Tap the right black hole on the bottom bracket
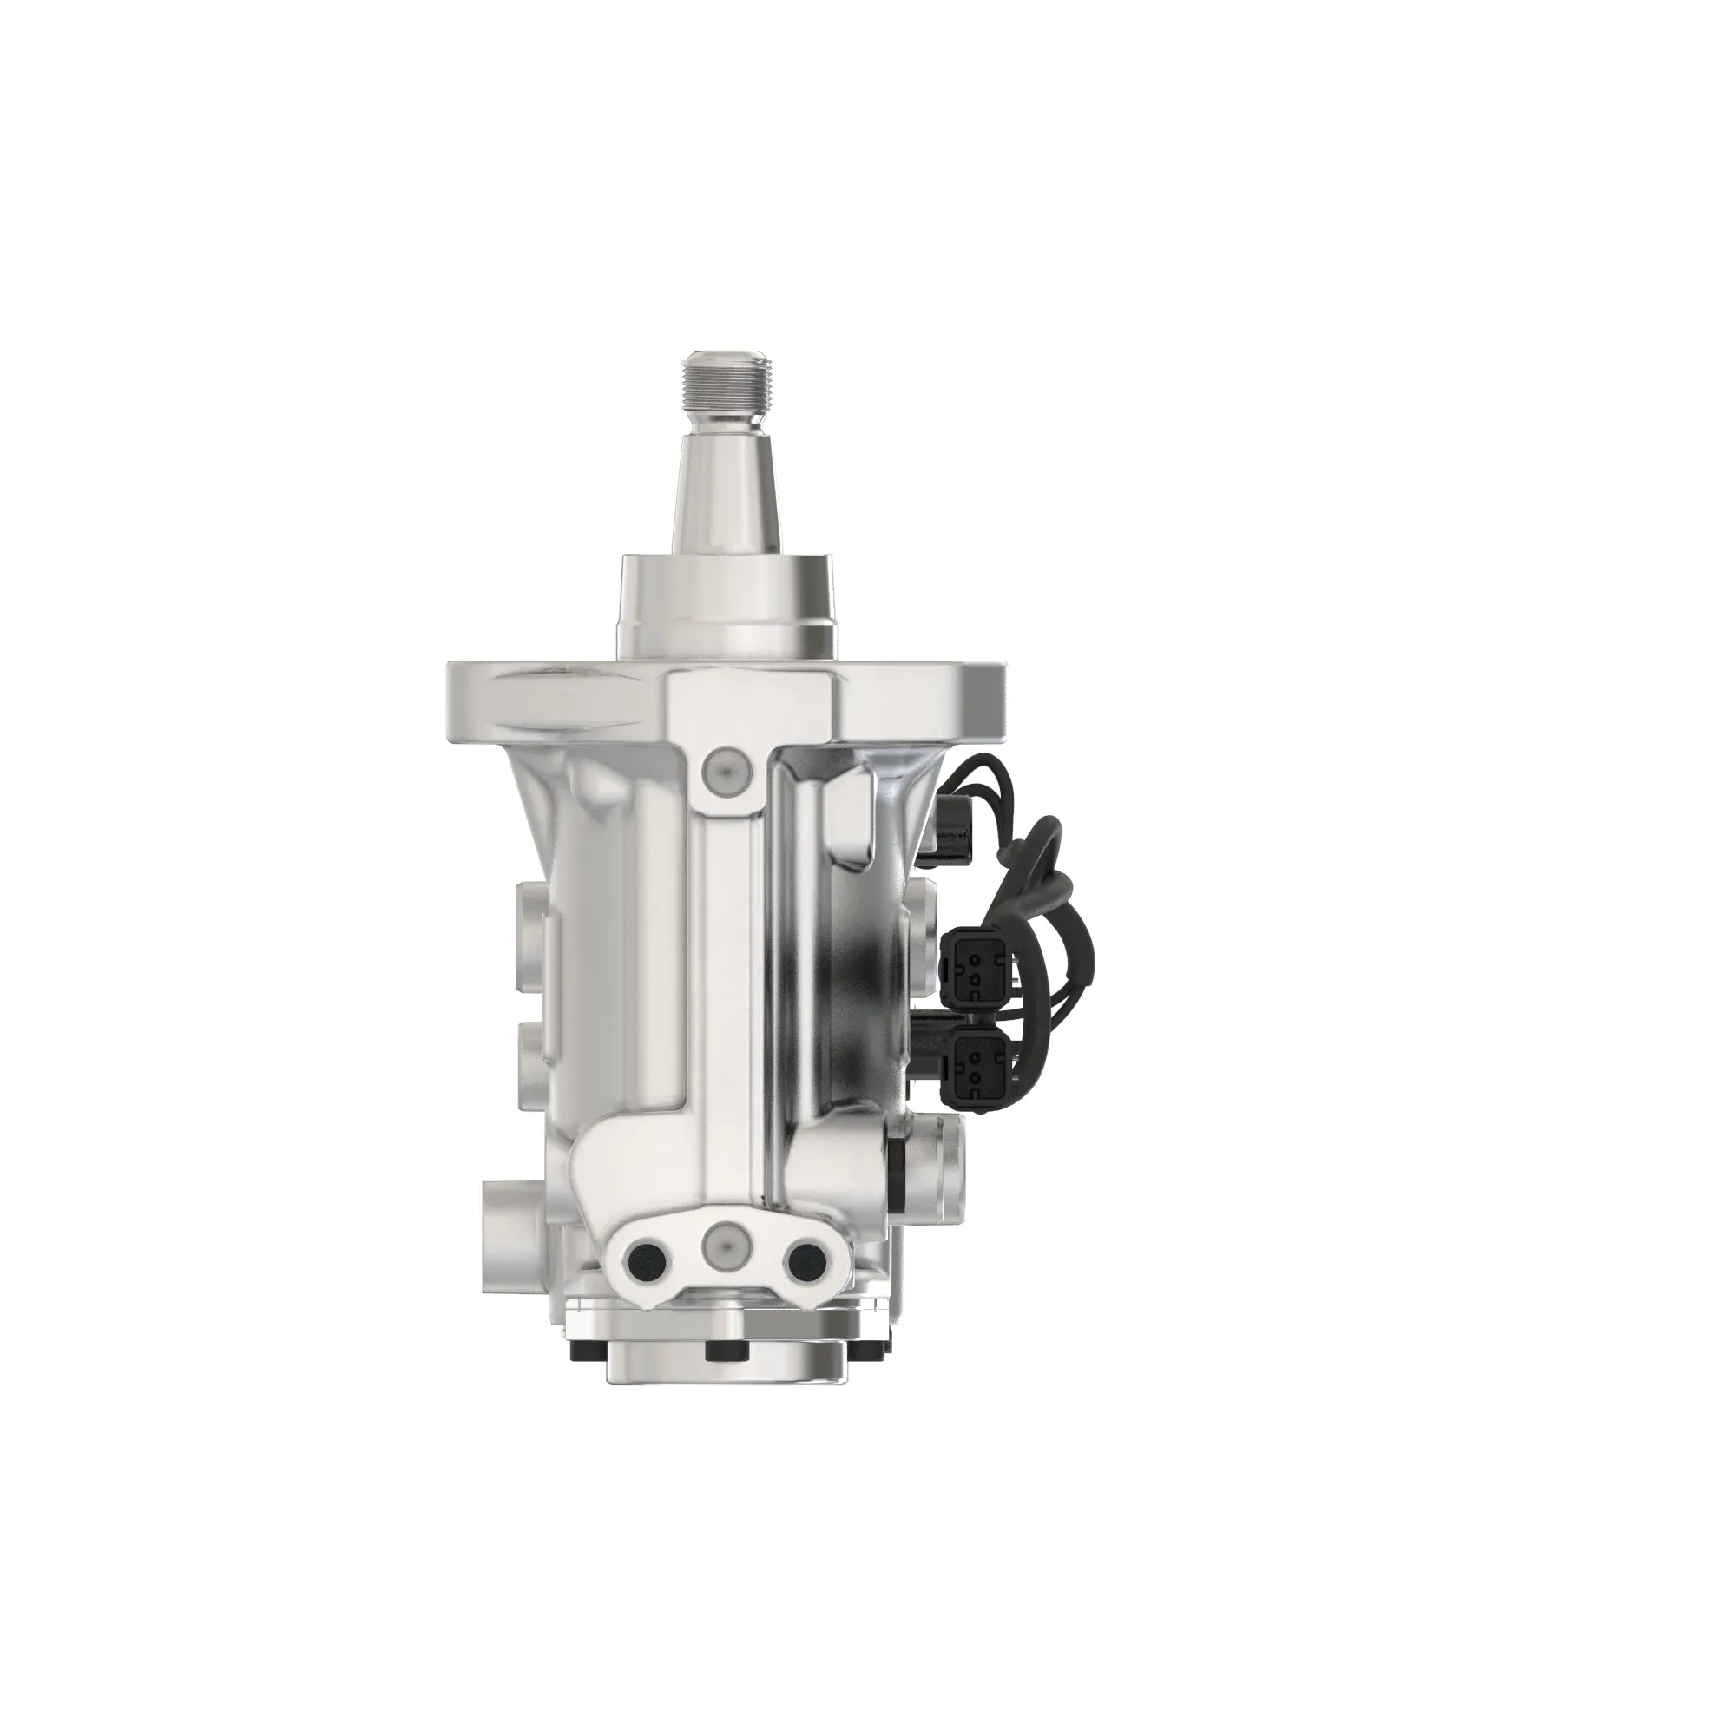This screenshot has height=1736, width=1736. tap(801, 1262)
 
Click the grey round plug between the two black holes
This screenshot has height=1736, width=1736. tap(724, 1246)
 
